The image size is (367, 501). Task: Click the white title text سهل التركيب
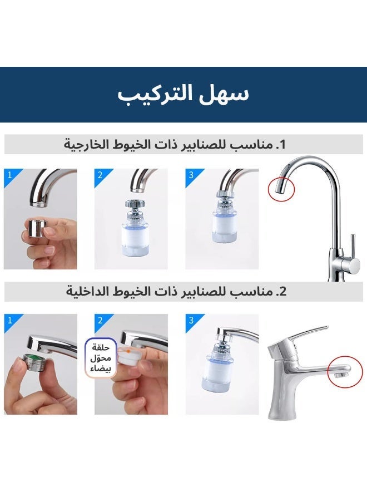pos(183,94)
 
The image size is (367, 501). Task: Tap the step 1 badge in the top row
pos(9,175)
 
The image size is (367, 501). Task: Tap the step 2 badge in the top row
pos(100,175)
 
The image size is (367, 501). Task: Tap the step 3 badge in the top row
pos(191,175)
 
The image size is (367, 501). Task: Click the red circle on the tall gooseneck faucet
pos(281,189)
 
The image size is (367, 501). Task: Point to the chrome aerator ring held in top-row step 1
pos(38,228)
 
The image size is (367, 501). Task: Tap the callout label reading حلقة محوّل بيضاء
pos(101,358)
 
